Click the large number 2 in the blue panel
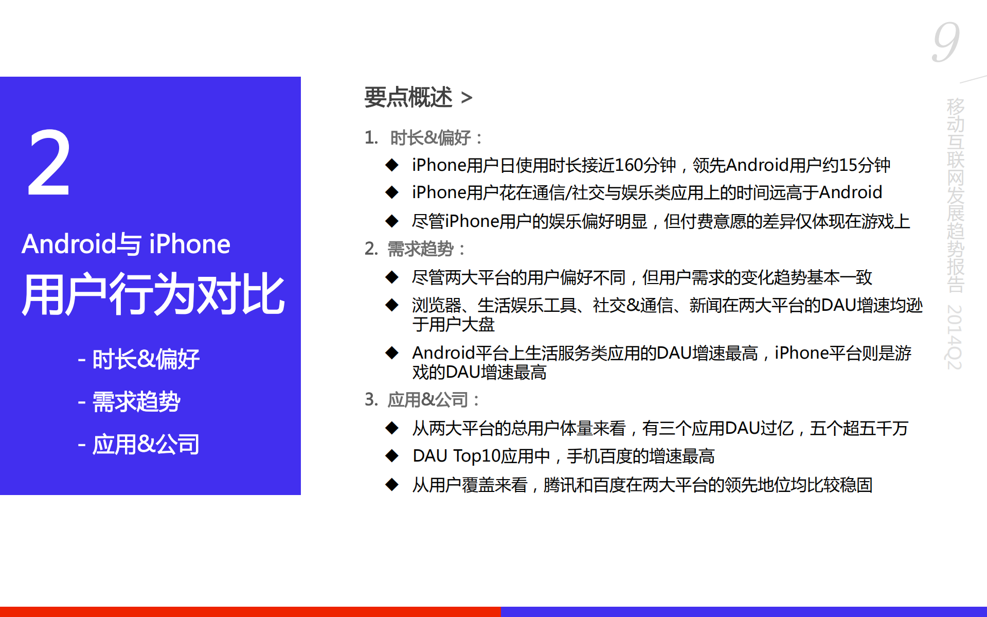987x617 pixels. point(49,164)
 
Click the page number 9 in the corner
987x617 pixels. point(946,42)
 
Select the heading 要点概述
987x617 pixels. point(408,97)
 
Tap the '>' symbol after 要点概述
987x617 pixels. point(466,98)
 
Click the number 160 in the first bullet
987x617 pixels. point(628,165)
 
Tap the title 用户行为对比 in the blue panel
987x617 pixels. point(153,294)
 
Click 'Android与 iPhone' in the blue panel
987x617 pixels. point(126,244)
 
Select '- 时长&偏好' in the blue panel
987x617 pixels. point(139,359)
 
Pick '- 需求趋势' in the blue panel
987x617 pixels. point(129,402)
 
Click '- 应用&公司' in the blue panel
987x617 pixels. point(139,445)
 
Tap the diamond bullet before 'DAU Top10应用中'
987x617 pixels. point(392,456)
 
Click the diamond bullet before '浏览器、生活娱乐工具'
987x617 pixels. point(392,305)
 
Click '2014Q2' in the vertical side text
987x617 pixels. point(955,337)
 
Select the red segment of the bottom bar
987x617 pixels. point(250,611)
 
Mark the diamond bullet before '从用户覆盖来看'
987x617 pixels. point(392,485)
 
